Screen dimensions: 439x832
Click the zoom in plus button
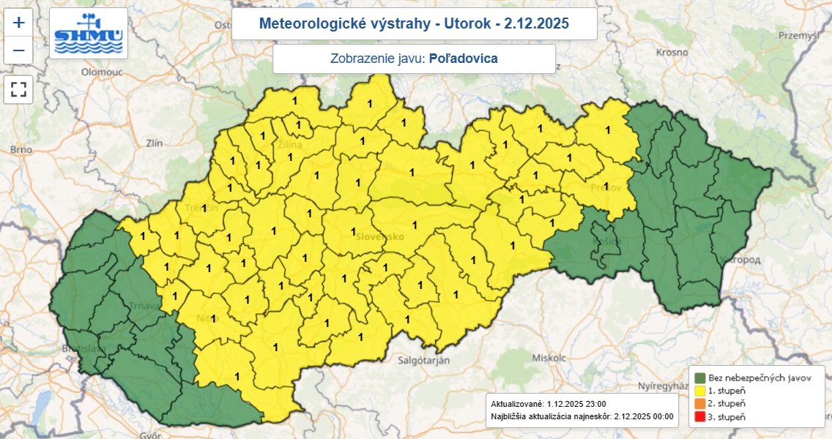[x=18, y=23]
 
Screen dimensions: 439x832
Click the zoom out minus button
[x=18, y=50]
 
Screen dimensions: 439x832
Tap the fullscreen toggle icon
[x=18, y=89]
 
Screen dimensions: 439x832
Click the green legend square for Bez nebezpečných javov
[x=700, y=378]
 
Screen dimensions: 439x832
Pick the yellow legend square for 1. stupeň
[x=700, y=391]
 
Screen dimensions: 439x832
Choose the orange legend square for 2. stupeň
[x=700, y=404]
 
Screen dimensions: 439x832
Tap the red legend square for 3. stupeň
[x=700, y=417]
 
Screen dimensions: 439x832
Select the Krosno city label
[x=672, y=53]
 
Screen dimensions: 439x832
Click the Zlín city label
[x=154, y=143]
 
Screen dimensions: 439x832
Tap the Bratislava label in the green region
[x=86, y=349]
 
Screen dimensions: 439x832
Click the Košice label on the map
[x=607, y=241]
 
